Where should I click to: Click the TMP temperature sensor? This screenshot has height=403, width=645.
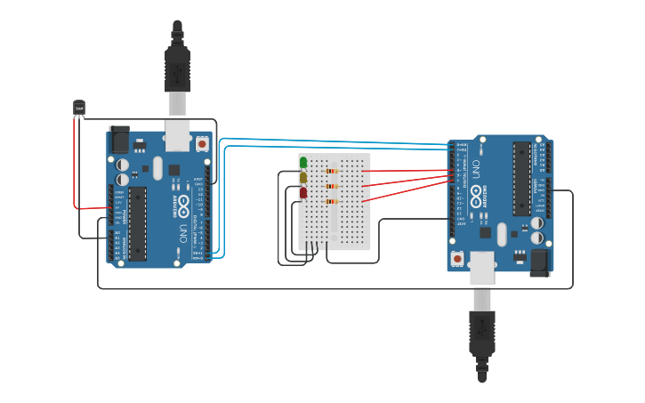click(79, 108)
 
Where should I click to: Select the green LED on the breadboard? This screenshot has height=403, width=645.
click(303, 163)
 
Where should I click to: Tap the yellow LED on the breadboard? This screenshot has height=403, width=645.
click(303, 177)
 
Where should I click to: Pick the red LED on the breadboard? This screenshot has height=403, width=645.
click(303, 192)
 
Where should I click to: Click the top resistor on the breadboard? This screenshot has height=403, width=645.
click(333, 171)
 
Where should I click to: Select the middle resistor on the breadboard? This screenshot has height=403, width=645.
click(333, 186)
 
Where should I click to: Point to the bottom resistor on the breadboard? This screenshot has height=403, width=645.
click(333, 202)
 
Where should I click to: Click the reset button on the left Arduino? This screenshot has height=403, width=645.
click(202, 143)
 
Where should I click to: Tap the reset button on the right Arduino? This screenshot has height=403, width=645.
click(457, 258)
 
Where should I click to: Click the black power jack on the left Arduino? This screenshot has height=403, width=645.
click(118, 139)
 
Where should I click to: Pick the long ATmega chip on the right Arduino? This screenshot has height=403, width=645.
click(521, 179)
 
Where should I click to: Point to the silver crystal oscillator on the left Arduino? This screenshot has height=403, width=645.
click(157, 167)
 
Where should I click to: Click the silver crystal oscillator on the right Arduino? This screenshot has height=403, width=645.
click(502, 234)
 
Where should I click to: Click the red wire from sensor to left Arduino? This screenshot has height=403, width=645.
click(75, 169)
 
